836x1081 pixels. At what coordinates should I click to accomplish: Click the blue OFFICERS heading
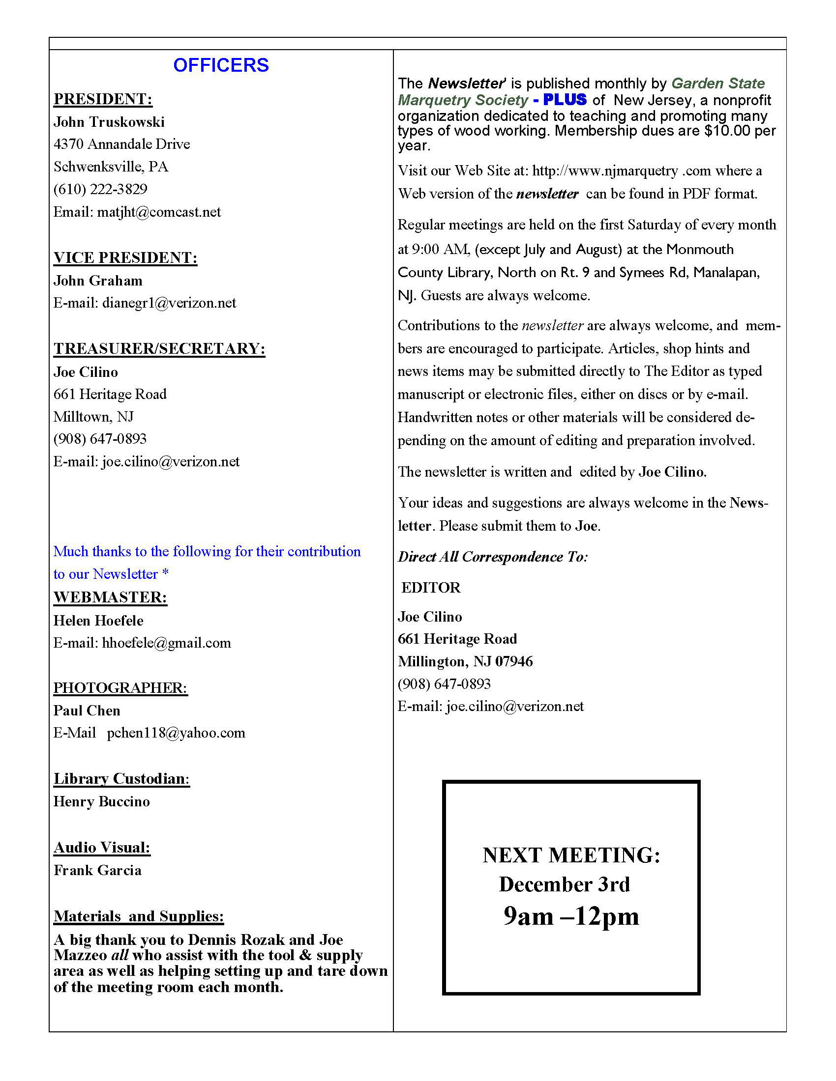[x=221, y=65]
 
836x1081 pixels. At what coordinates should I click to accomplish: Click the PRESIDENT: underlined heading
[x=103, y=99]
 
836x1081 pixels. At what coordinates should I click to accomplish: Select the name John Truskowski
[x=109, y=122]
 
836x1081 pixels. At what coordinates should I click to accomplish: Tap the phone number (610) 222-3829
[x=100, y=189]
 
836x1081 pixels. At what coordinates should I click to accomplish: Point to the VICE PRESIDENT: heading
[x=125, y=257]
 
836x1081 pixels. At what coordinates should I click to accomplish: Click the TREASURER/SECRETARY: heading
[x=159, y=348]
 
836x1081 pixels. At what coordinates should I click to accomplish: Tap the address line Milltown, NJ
[x=93, y=417]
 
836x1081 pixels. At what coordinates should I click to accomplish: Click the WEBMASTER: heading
[x=111, y=597]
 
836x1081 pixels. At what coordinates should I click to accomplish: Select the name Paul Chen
[x=87, y=711]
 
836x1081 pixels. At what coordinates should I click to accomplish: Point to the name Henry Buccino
[x=101, y=801]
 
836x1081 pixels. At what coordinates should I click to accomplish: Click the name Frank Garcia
[x=97, y=870]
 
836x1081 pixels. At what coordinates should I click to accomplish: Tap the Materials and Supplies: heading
[x=139, y=916]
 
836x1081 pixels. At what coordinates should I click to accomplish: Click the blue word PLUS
[x=565, y=99]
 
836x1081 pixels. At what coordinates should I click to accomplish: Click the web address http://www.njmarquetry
[x=605, y=171]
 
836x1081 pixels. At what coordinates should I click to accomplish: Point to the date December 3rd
[x=564, y=884]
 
